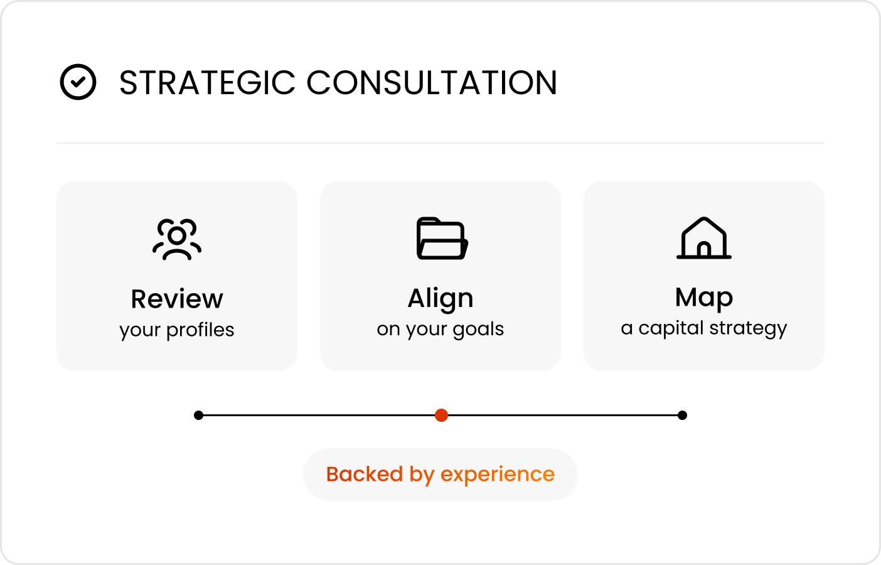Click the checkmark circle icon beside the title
tap(78, 65)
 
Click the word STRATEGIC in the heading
tap(207, 83)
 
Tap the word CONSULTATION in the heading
tap(432, 83)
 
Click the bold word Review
tap(177, 299)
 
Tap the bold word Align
tap(440, 299)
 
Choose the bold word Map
tap(704, 298)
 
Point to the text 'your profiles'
tap(177, 330)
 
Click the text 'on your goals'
tap(440, 329)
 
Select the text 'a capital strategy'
tap(704, 328)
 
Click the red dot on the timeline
tap(441, 415)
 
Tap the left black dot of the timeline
tap(199, 415)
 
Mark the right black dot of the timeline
tap(682, 415)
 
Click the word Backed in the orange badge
tap(365, 474)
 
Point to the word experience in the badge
tap(498, 475)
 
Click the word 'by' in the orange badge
tap(422, 475)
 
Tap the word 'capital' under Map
tap(671, 328)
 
